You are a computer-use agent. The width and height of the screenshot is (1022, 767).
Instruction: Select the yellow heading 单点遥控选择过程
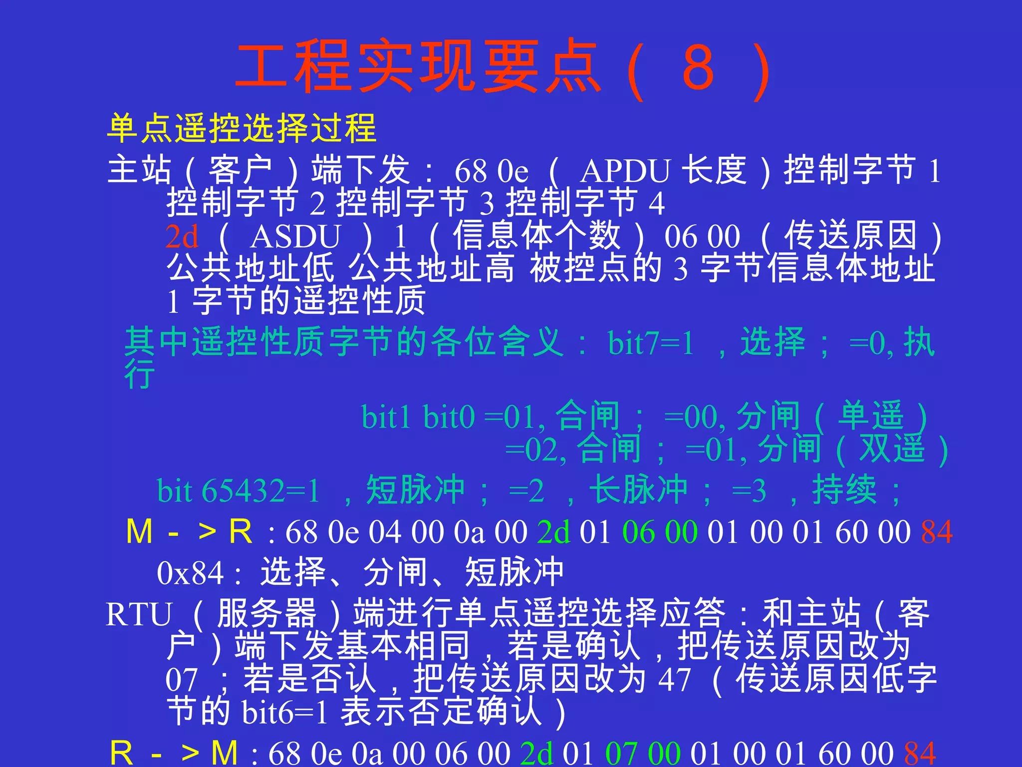(x=242, y=128)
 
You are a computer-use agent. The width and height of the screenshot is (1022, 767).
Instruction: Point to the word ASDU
(x=295, y=237)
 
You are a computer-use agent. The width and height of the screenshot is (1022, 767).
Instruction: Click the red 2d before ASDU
(x=182, y=237)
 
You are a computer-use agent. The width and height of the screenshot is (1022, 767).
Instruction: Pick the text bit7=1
(x=651, y=344)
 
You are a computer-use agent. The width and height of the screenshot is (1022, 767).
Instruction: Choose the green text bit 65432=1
(x=238, y=491)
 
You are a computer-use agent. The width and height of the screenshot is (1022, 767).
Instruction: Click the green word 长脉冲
(x=638, y=490)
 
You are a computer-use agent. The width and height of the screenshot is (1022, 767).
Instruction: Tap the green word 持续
(x=844, y=490)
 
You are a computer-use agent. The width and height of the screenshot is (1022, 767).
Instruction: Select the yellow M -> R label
(x=189, y=531)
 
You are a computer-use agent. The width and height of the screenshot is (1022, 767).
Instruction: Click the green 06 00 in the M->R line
(x=660, y=532)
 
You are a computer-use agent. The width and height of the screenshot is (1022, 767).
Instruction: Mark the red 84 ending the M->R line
(x=937, y=532)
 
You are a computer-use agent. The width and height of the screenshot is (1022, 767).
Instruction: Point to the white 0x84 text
(x=190, y=574)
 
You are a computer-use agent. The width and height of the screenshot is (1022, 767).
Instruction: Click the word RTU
(x=139, y=614)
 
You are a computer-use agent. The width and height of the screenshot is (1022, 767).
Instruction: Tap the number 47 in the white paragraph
(x=674, y=680)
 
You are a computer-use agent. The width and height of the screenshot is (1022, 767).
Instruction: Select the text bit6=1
(x=284, y=713)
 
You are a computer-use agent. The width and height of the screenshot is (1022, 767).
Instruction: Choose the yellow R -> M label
(x=173, y=753)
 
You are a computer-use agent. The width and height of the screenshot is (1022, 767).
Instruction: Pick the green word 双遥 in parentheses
(x=892, y=449)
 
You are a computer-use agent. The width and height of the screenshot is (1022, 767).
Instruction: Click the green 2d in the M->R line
(x=553, y=532)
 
